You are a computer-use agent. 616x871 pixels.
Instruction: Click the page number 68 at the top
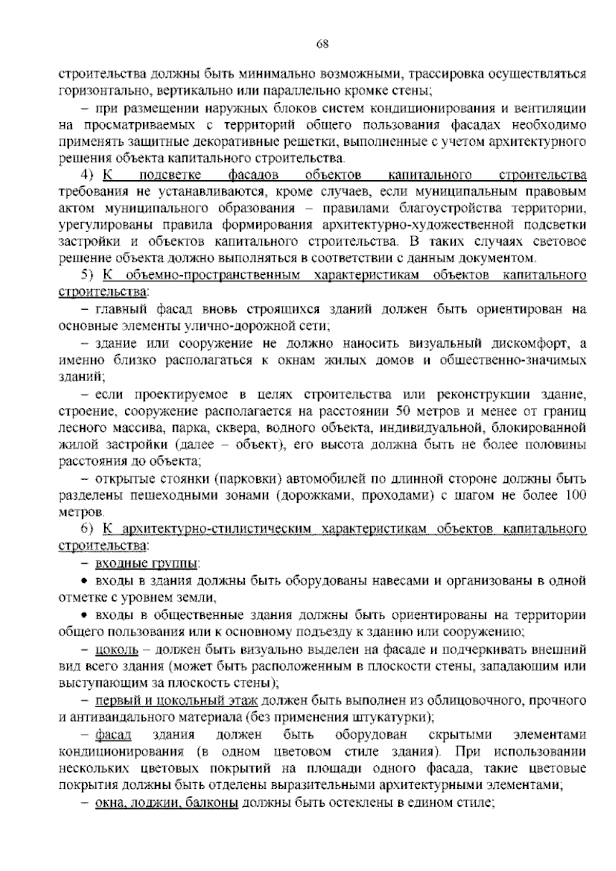[x=322, y=44]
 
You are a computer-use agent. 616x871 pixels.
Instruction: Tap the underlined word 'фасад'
[x=113, y=735]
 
